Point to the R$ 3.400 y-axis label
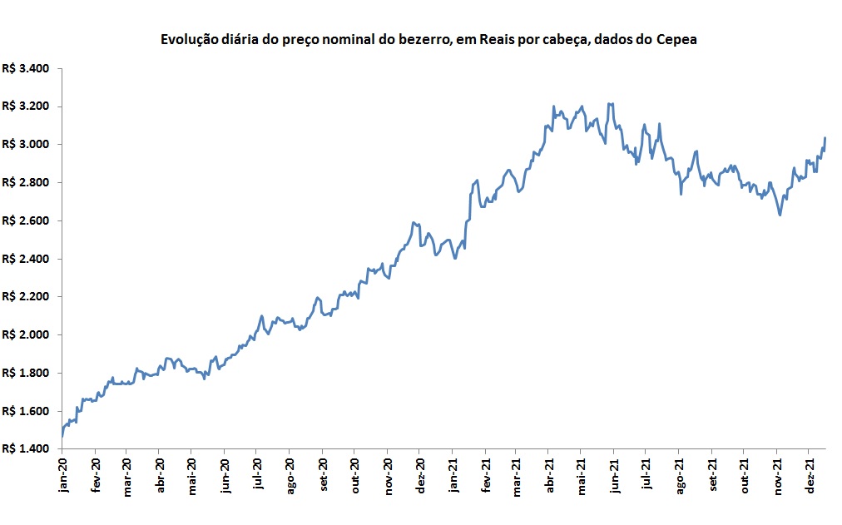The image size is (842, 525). pos(27,68)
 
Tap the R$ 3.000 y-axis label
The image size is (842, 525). pos(27,145)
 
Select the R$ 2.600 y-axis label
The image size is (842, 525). pos(27,220)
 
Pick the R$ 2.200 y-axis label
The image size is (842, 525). pos(27,297)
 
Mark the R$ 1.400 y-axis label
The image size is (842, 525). pos(27,449)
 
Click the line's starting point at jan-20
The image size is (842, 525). pos(62,436)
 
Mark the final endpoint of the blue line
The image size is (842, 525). pos(825,137)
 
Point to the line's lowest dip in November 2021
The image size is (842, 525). pos(780,215)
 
